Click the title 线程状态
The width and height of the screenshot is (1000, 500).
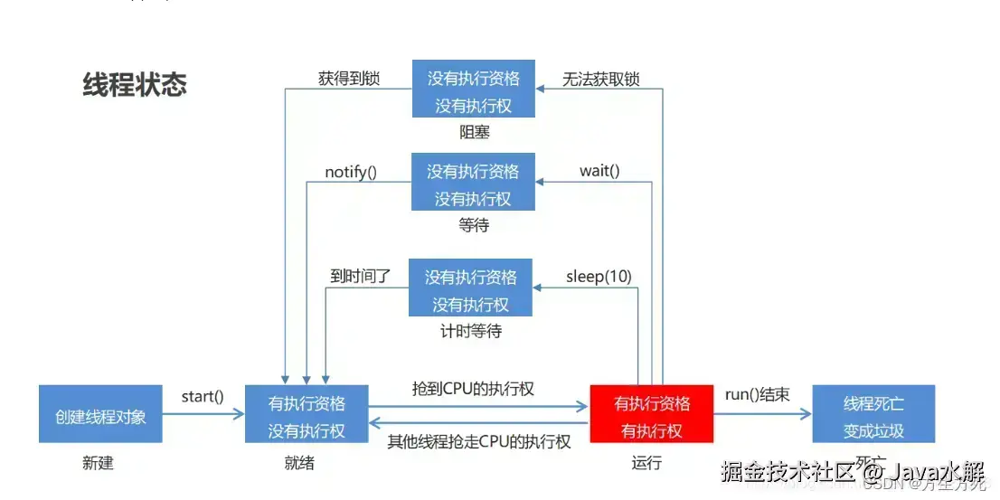(135, 84)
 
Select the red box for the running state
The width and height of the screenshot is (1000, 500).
(652, 414)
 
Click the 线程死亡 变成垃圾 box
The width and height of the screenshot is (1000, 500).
(873, 414)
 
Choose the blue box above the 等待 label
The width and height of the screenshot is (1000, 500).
(473, 183)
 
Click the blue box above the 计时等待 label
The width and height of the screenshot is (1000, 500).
(470, 288)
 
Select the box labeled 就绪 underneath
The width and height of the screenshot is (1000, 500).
(307, 414)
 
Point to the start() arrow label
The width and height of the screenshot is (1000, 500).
(203, 396)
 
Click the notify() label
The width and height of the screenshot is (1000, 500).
(351, 171)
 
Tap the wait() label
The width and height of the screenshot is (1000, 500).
(599, 171)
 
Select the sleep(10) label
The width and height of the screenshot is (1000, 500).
(598, 276)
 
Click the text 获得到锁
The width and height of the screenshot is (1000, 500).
(349, 79)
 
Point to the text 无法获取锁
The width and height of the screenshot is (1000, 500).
(601, 79)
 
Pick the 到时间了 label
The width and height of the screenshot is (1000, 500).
(361, 276)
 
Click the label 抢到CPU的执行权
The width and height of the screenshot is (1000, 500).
(473, 389)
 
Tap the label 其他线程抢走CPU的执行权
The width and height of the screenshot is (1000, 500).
(479, 441)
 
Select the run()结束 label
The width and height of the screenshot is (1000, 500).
(758, 394)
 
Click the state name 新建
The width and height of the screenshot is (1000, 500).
(98, 463)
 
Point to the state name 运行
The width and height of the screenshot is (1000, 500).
(646, 463)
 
